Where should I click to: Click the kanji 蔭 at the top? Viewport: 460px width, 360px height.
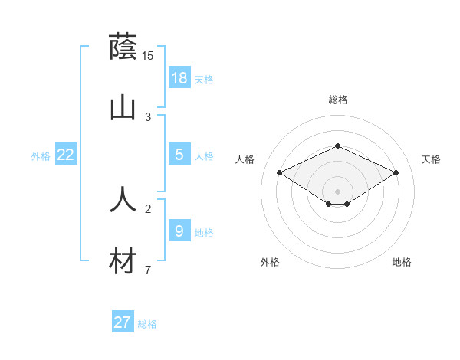point(123,47)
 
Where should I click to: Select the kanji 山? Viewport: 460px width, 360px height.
point(123,108)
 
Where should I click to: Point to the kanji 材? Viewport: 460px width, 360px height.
point(123,261)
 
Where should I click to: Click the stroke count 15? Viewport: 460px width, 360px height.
point(148,55)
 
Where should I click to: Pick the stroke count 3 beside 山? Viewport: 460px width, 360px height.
point(148,117)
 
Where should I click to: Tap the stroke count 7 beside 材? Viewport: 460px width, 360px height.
point(148,270)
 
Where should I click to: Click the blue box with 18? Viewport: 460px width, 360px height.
point(179,77)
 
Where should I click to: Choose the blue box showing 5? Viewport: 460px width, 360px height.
point(179,155)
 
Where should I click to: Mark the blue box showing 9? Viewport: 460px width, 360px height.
point(179,231)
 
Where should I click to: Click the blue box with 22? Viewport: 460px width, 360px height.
point(66,155)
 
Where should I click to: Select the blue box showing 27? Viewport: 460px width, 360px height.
point(123,322)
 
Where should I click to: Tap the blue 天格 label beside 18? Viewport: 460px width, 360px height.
point(204,80)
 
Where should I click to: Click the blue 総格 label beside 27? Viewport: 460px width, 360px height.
point(147,324)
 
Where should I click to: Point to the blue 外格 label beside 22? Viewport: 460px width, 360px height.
point(41,156)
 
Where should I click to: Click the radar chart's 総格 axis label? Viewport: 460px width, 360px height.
point(337,100)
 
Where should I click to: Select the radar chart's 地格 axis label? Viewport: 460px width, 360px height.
point(402,262)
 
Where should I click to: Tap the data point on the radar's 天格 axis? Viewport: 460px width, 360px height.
point(396,173)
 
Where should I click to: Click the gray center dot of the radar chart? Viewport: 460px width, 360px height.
point(337,191)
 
